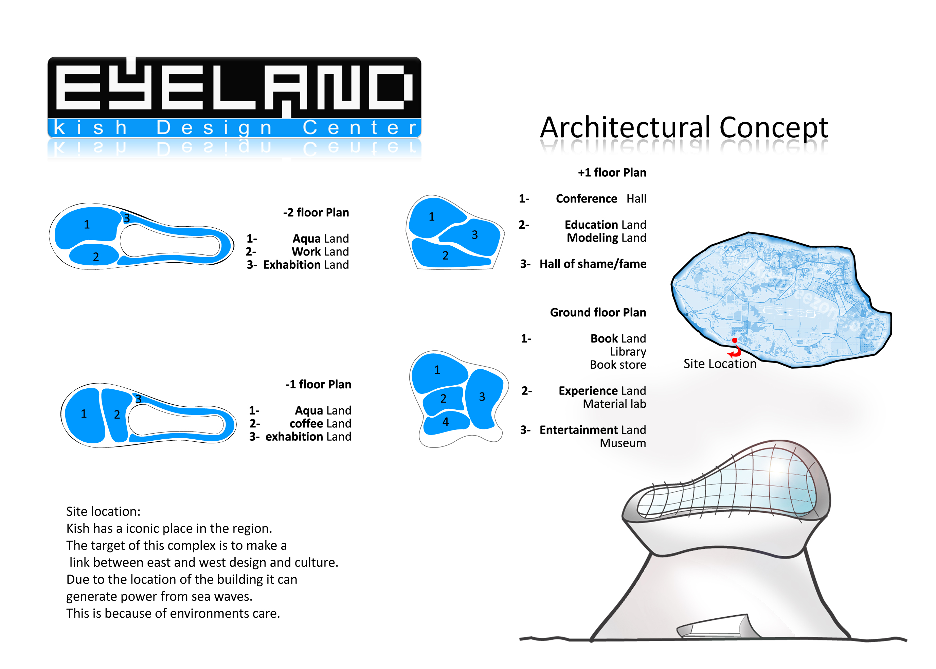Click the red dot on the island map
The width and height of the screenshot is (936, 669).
(735, 340)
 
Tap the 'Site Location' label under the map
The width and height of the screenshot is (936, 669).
(720, 364)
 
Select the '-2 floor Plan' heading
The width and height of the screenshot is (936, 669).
(316, 213)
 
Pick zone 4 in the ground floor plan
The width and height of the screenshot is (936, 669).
(446, 422)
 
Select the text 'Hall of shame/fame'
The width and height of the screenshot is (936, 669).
(593, 264)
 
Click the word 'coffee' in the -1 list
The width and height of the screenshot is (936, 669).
(306, 423)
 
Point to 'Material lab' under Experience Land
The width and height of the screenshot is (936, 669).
(614, 404)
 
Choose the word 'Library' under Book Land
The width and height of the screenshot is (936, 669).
(628, 351)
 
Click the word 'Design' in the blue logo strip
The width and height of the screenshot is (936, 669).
(214, 128)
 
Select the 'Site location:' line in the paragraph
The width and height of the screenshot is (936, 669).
(103, 511)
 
